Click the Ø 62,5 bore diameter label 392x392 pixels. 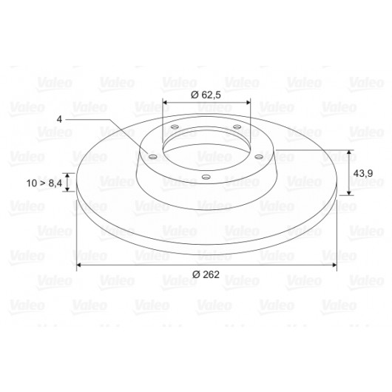pos(206,95)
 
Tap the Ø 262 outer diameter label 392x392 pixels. pos(206,274)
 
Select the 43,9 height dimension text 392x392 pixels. pos(362,173)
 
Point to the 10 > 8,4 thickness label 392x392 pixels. pos(44,183)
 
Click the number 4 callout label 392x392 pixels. pos(59,119)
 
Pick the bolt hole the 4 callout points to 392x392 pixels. pos(152,157)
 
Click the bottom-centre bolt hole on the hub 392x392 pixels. pos(206,178)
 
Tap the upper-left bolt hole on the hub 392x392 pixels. pos(175,127)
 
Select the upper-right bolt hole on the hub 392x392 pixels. pos(237,127)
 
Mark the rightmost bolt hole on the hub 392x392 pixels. pos(259,157)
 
